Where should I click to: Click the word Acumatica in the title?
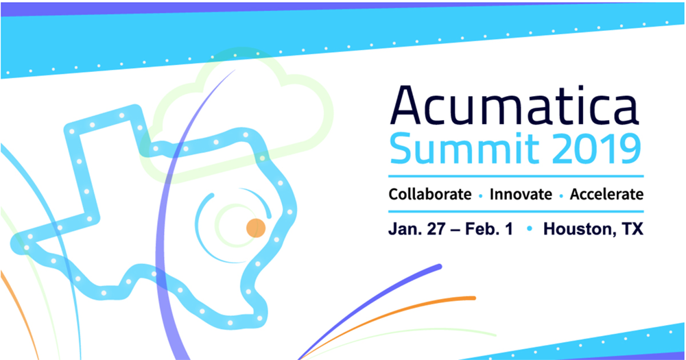(514, 106)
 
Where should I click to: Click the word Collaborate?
(430, 194)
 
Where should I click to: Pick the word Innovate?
(521, 194)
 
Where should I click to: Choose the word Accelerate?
(606, 194)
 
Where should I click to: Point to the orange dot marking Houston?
(256, 228)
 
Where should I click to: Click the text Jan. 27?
(417, 229)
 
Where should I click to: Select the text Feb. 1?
(488, 229)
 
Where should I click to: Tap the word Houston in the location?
(578, 229)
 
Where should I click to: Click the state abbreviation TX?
(632, 229)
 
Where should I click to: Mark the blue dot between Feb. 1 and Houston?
(530, 229)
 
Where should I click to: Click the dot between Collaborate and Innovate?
(480, 196)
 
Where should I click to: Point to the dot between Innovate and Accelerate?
(561, 196)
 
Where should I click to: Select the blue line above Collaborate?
(516, 176)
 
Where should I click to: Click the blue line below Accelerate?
(516, 212)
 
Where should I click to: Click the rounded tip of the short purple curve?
(438, 266)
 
